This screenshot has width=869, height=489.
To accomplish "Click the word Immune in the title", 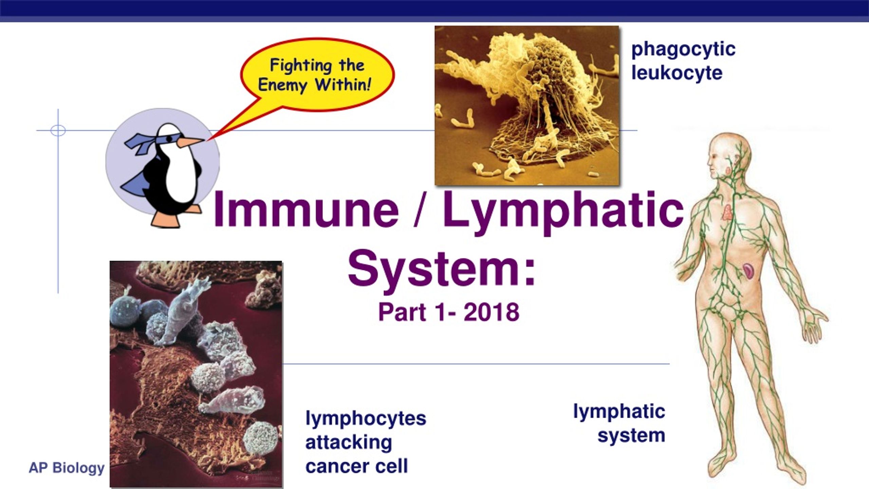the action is (306, 209).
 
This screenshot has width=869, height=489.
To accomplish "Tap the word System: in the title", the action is (441, 271).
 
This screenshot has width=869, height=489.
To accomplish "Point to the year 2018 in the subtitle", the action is (491, 312).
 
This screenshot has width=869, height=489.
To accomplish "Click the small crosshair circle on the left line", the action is (58, 130).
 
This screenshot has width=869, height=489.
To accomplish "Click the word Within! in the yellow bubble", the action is (343, 84).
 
